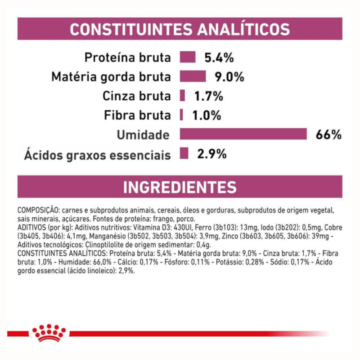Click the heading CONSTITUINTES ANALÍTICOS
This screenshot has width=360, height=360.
(180, 29)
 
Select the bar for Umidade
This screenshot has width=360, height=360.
(243, 135)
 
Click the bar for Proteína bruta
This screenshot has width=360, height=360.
(188, 57)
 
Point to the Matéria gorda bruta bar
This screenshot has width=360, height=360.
(193, 76)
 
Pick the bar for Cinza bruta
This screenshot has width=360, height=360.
(182, 96)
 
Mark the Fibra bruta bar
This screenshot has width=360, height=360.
(181, 115)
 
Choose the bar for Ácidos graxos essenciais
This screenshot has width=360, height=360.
(184, 154)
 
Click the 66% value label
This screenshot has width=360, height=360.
(328, 135)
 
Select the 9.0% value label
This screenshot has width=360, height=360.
(229, 76)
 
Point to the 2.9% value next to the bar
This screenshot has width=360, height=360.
(212, 154)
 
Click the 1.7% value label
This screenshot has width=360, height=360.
(209, 96)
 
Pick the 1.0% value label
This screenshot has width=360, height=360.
(207, 115)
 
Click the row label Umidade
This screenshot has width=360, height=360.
(144, 135)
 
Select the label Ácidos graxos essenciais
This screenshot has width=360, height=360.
(98, 155)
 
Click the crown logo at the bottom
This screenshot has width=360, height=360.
(49, 333)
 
